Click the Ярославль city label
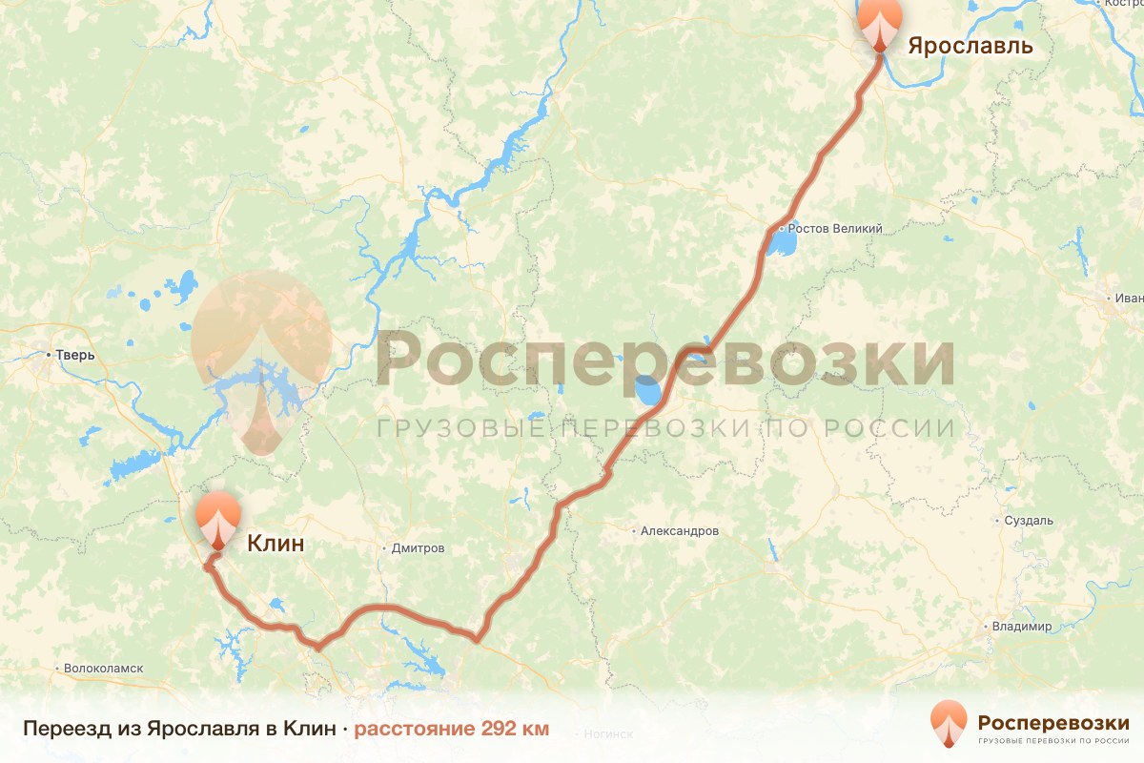[970, 45]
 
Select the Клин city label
[276, 544]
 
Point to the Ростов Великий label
[834, 229]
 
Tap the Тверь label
[75, 356]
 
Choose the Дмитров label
[419, 548]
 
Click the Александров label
[680, 530]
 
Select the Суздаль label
[1029, 521]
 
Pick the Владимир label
[1021, 627]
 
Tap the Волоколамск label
[104, 669]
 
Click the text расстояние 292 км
[452, 730]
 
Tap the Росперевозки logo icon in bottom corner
[949, 723]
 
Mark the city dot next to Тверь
[49, 356]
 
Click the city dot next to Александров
[635, 530]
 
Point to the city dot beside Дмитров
[384, 548]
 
